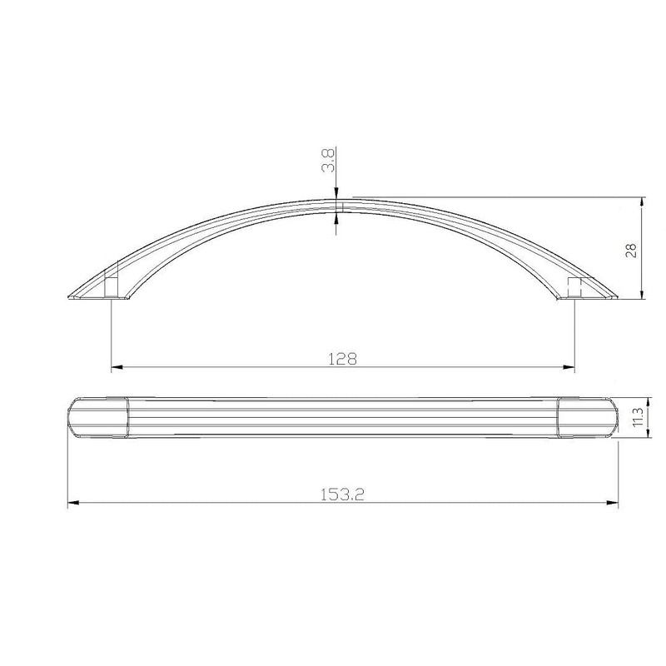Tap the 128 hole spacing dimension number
pyautogui.click(x=342, y=359)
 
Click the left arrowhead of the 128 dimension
pyautogui.click(x=117, y=366)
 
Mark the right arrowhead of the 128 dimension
pyautogui.click(x=569, y=366)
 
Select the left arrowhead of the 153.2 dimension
pyautogui.click(x=72, y=502)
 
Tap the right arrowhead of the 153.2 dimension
pyautogui.click(x=612, y=502)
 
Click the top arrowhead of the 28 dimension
pyautogui.click(x=642, y=203)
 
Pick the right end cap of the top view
pyautogui.click(x=587, y=417)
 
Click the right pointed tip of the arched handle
pyautogui.click(x=616, y=296)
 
